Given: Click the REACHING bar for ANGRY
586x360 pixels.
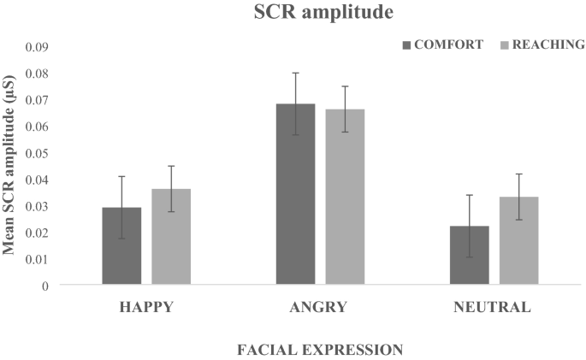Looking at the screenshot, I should click(345, 197).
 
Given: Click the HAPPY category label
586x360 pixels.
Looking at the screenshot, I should click(146, 307).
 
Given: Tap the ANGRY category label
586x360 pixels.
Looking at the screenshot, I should click(320, 307).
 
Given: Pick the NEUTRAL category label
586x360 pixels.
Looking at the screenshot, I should click(494, 307).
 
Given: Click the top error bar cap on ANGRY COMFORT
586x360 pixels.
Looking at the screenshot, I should click(295, 73).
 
